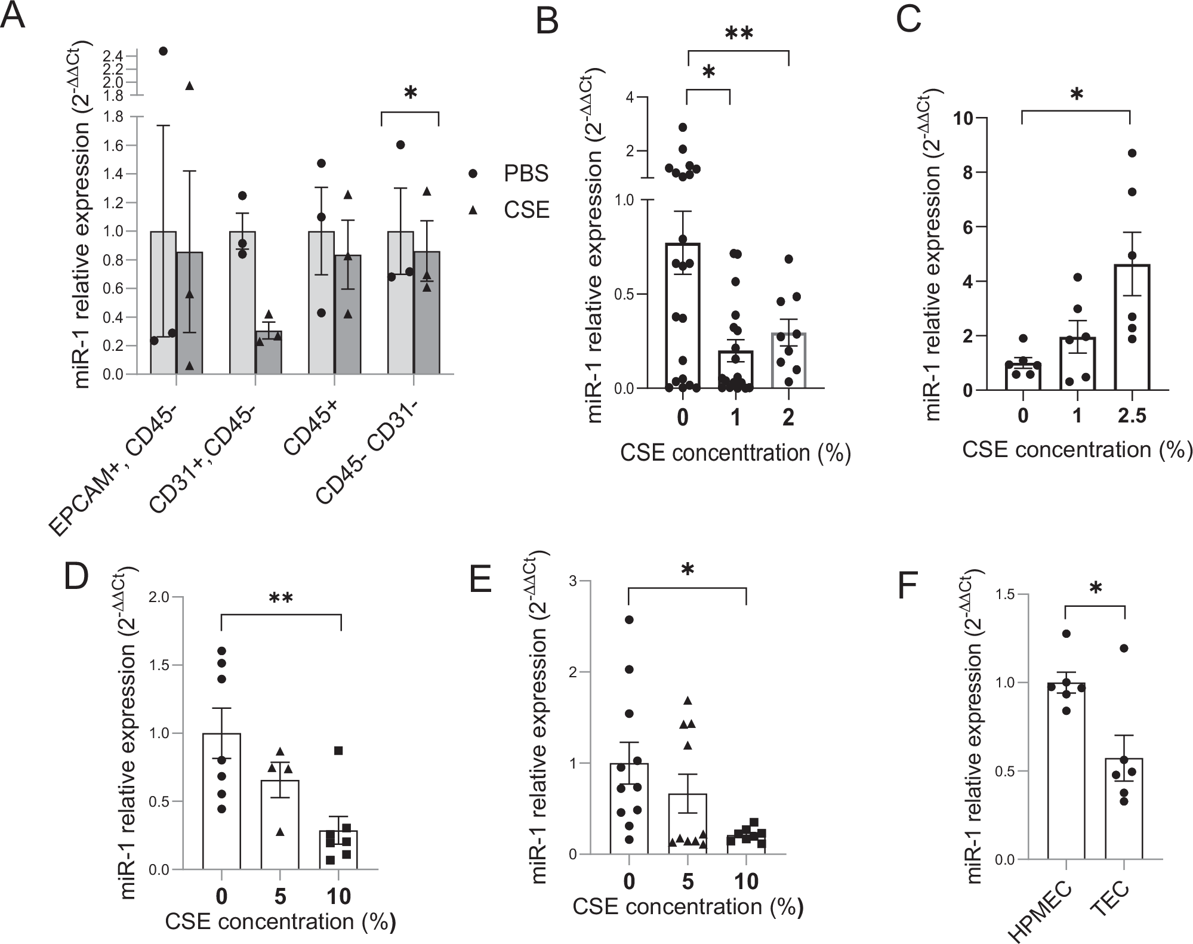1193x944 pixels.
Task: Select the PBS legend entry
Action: pos(526,174)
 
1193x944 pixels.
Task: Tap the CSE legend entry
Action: pos(526,209)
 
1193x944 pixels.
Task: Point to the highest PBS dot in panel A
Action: pos(163,51)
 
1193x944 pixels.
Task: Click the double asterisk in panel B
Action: pos(739,35)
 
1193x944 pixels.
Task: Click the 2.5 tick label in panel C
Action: pos(1132,415)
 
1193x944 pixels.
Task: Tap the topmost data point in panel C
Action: pos(1132,153)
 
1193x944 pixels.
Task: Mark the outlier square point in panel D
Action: pos(338,751)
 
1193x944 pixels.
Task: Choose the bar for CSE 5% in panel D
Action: pos(280,823)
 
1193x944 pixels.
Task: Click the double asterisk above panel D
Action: pos(281,599)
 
